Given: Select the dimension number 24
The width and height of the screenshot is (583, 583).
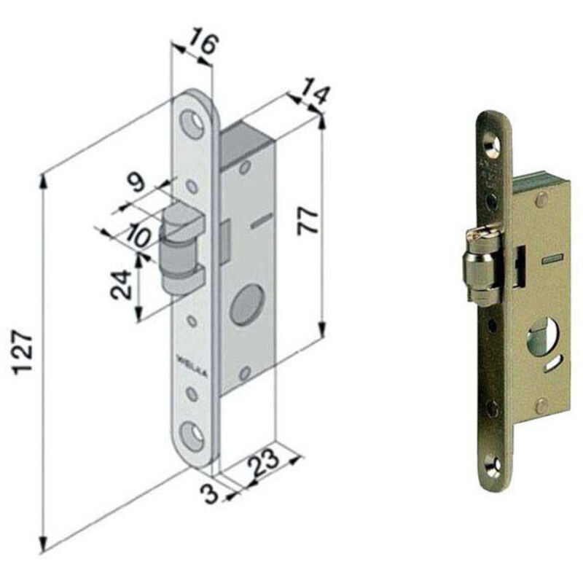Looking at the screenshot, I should pyautogui.click(x=121, y=285).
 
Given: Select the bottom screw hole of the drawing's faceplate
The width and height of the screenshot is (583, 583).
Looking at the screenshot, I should pyautogui.click(x=195, y=436).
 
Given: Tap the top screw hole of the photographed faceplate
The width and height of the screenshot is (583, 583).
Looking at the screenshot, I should pyautogui.click(x=491, y=146).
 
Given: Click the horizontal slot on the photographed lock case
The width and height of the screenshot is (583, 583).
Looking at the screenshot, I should pyautogui.click(x=553, y=259).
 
